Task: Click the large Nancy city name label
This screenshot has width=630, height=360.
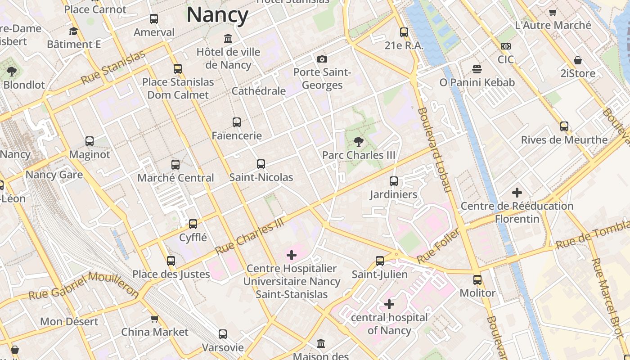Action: (x=217, y=15)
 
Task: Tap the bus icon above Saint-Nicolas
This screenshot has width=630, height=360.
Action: (x=261, y=164)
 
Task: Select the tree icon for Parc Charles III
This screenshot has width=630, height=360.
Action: (x=359, y=142)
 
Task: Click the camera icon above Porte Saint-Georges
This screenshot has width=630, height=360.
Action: (x=322, y=59)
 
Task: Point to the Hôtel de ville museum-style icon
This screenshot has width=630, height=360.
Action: (x=228, y=38)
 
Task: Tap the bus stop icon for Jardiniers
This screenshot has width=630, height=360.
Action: (x=394, y=181)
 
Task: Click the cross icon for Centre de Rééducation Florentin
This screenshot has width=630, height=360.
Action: (x=517, y=193)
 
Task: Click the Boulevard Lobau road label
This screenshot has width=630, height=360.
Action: (x=434, y=149)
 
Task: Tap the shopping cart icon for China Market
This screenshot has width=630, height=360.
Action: (x=154, y=319)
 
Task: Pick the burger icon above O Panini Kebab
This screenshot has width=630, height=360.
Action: (x=477, y=69)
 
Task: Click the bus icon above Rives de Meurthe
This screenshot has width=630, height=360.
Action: (x=564, y=126)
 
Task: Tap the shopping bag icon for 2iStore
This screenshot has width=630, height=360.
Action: (x=578, y=60)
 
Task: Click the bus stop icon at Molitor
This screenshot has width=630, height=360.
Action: (x=477, y=280)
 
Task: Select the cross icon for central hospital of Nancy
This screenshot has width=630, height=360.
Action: (x=389, y=304)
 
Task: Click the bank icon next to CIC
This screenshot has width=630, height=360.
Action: (x=506, y=46)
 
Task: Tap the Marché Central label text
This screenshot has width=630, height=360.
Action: (x=175, y=178)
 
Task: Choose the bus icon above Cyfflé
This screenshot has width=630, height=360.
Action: (x=193, y=224)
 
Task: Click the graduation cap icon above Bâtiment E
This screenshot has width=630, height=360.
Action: (x=73, y=31)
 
